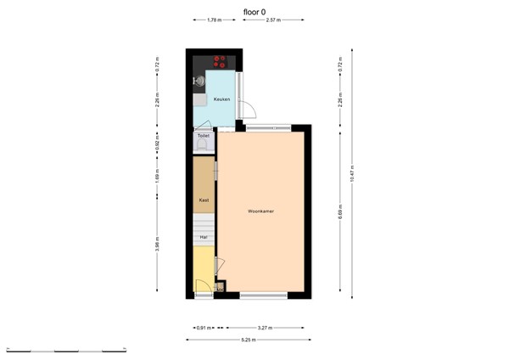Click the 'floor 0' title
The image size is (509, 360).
tap(255, 12)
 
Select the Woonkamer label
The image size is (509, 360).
tap(260, 211)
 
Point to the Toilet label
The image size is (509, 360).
tap(204, 135)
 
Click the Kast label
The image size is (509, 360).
tap(203, 200)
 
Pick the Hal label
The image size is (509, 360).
tap(203, 239)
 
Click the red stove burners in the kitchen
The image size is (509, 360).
tap(221, 61)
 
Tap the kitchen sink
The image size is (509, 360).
tap(200, 82)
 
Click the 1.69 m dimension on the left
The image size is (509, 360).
tap(158, 178)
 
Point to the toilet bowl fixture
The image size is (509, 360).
tap(204, 145)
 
